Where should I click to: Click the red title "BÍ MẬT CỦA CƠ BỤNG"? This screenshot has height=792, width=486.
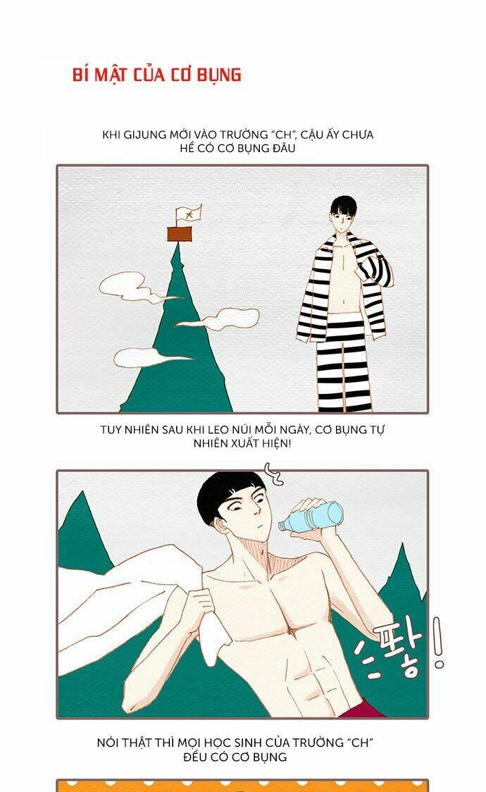point(157,75)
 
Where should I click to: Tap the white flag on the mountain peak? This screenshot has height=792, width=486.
point(189,214)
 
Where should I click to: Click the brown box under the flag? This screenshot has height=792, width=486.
point(180,234)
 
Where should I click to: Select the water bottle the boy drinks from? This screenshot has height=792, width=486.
point(311,516)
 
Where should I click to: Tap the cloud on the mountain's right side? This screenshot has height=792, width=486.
point(222,318)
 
